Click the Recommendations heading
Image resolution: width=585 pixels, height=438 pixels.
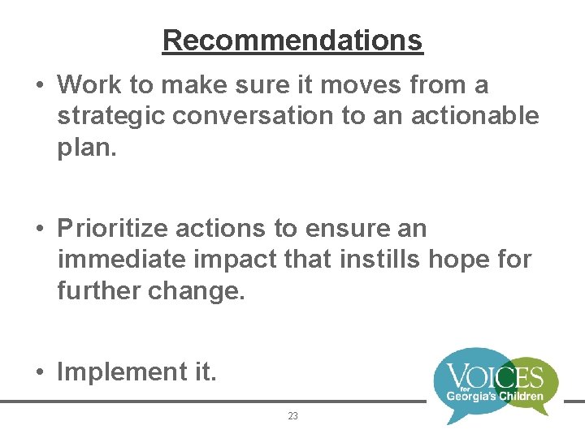pyautogui.click(x=292, y=40)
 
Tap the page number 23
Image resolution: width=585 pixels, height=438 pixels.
pyautogui.click(x=292, y=416)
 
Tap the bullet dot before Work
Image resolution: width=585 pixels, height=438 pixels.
pyautogui.click(x=40, y=85)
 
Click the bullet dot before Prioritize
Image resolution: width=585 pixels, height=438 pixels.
pyautogui.click(x=40, y=230)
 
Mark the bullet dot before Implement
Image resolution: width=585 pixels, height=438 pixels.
pyautogui.click(x=40, y=372)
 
